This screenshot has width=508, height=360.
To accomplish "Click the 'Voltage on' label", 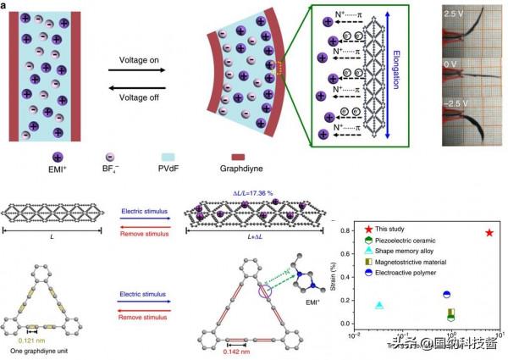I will coord(136,58).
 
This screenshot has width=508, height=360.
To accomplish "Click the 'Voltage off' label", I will coord(136,88).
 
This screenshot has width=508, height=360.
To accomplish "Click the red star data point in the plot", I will coord(489,232).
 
